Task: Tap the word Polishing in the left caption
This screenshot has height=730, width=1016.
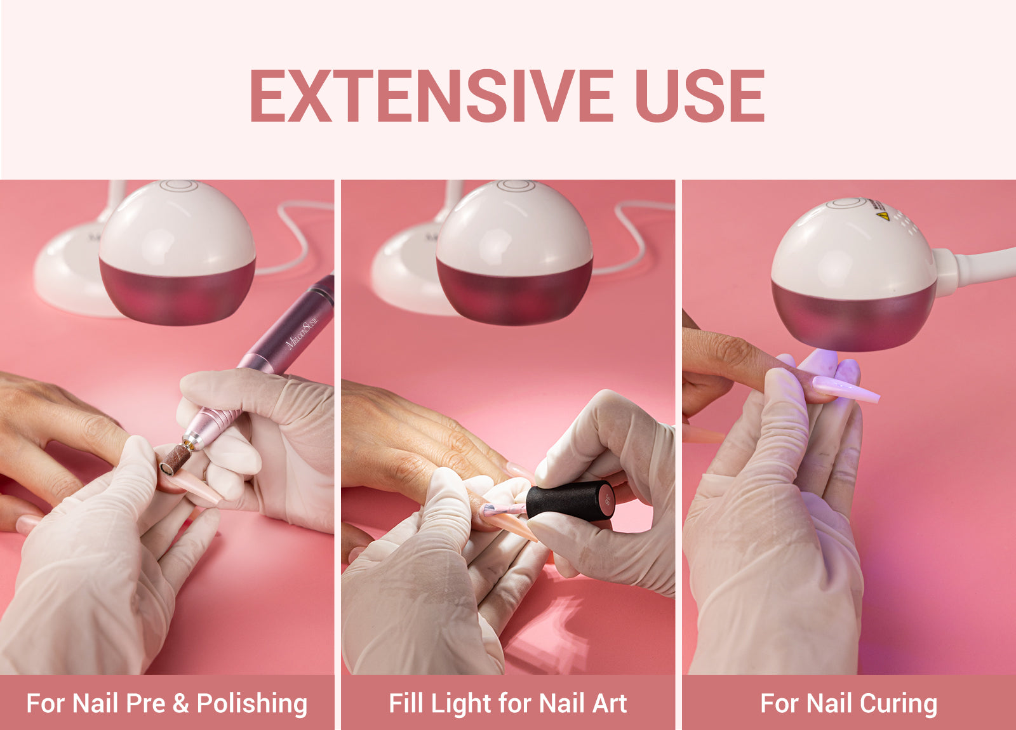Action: pos(252,703)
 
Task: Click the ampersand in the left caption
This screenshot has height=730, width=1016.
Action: pos(180,703)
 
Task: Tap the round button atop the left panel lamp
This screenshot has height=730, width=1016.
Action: pos(178,185)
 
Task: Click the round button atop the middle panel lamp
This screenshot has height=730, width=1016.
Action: pos(516,185)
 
